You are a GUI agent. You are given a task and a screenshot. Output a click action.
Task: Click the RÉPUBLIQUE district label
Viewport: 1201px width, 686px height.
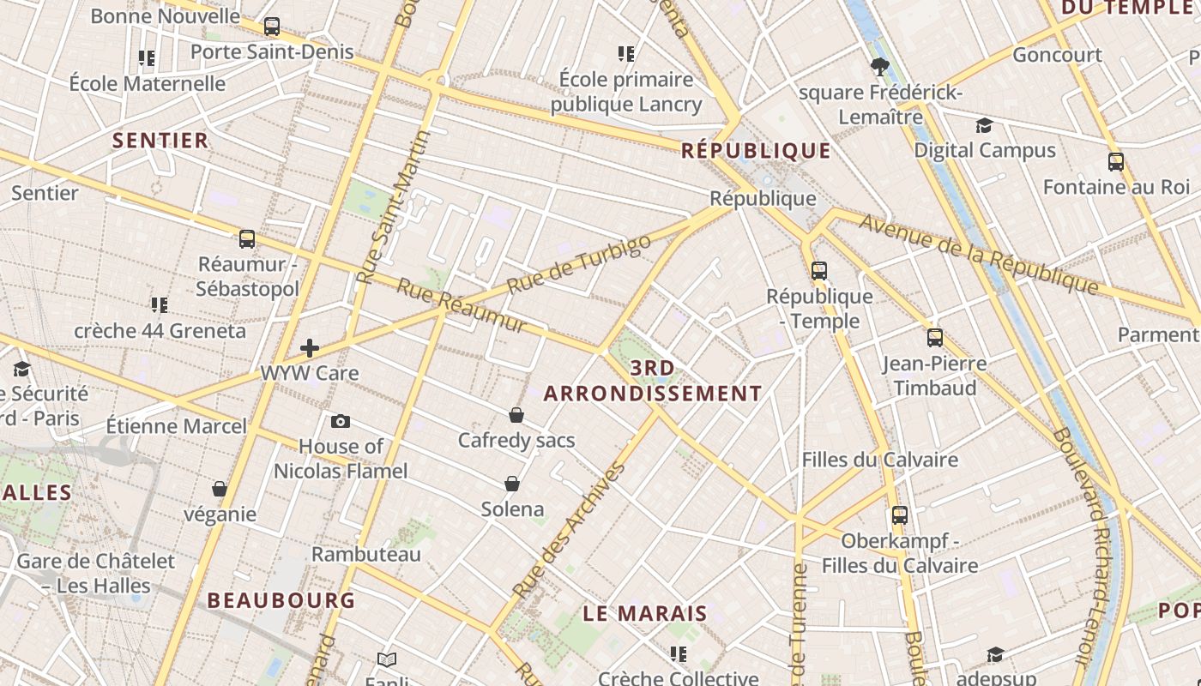click(756, 151)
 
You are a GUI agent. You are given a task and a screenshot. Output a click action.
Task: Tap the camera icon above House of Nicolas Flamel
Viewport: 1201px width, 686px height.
click(341, 421)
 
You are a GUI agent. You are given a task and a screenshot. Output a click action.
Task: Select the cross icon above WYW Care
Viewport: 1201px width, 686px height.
click(310, 348)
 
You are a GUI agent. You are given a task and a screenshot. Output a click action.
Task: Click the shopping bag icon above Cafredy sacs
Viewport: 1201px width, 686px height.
click(516, 415)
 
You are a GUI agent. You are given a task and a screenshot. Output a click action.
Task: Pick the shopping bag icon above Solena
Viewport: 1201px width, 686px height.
click(512, 484)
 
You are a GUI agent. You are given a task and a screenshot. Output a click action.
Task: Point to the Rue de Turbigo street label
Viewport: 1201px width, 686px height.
click(579, 265)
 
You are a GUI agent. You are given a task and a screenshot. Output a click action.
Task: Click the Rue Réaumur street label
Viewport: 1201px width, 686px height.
click(462, 305)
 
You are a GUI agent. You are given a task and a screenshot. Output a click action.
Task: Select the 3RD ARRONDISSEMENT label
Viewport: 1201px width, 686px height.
click(653, 382)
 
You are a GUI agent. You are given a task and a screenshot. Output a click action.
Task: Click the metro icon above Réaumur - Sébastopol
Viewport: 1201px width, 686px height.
click(247, 238)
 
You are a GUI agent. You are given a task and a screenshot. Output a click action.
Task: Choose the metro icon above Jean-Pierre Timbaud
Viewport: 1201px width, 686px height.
click(935, 338)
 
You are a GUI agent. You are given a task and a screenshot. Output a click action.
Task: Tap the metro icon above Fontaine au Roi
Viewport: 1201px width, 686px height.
click(1116, 161)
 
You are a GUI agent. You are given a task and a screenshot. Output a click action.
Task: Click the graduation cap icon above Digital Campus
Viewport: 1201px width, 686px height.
click(984, 125)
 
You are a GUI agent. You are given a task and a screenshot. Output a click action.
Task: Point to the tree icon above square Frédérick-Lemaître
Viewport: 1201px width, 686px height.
click(879, 66)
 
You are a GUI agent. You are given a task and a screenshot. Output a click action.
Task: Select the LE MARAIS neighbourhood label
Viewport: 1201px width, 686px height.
click(645, 613)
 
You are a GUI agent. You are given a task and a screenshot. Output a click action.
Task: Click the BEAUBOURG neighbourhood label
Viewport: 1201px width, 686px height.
click(281, 600)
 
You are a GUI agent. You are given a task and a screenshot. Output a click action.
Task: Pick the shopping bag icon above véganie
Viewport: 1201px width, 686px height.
click(220, 489)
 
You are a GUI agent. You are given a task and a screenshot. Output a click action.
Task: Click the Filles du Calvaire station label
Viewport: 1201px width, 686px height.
click(879, 460)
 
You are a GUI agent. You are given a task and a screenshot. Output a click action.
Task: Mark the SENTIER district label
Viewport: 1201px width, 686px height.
click(160, 141)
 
